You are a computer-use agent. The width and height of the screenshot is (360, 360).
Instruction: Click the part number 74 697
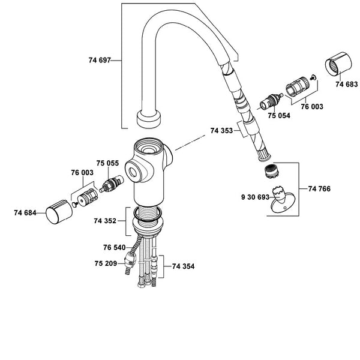click(x=100, y=60)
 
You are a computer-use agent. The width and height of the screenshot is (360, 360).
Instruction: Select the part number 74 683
click(x=346, y=84)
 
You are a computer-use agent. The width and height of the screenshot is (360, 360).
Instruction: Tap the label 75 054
click(x=279, y=115)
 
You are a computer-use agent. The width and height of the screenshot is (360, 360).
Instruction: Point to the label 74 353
click(x=221, y=130)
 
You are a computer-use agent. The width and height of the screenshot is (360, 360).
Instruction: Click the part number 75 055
click(x=107, y=163)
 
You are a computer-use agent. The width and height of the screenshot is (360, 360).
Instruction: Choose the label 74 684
click(x=25, y=213)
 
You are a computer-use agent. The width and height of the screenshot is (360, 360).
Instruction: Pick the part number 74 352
click(x=105, y=221)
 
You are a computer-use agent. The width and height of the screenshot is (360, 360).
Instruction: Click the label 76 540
click(x=115, y=247)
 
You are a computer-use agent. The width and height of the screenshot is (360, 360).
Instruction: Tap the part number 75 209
click(x=106, y=263)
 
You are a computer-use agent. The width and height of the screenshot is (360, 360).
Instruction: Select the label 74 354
click(x=183, y=266)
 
